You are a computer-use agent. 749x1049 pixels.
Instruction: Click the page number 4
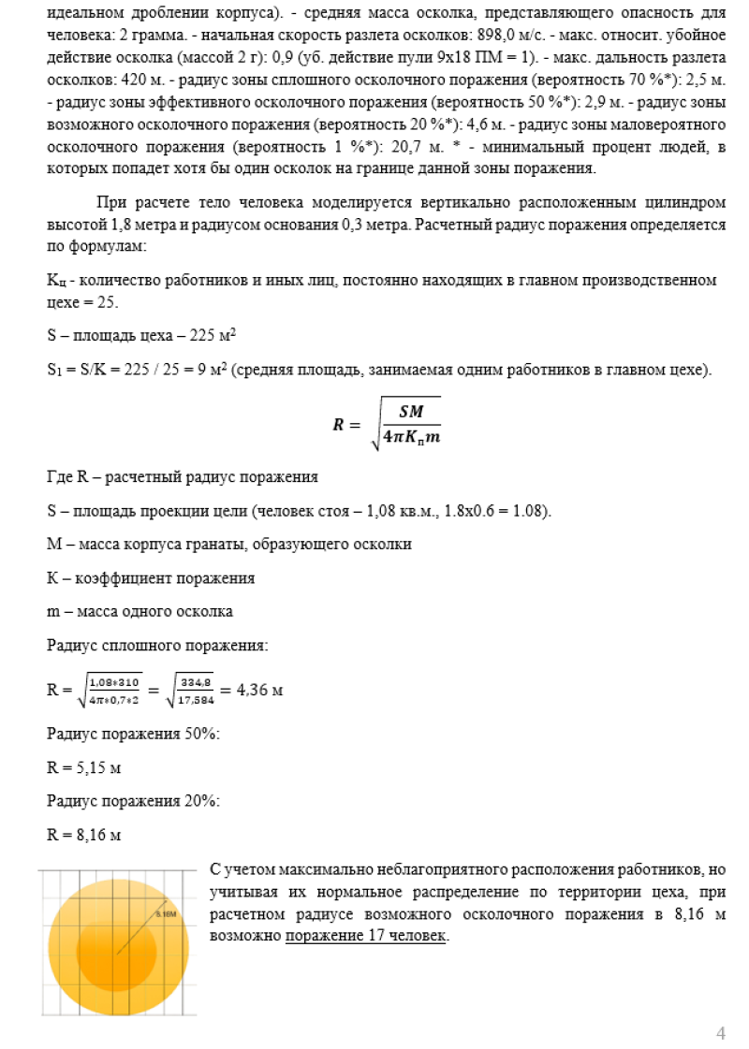click(x=720, y=1033)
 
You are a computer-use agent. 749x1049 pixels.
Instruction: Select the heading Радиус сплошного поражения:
click(x=157, y=646)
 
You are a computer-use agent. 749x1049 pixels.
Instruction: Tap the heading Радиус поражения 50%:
click(x=133, y=735)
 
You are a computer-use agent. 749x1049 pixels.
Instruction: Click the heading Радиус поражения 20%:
click(x=133, y=801)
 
